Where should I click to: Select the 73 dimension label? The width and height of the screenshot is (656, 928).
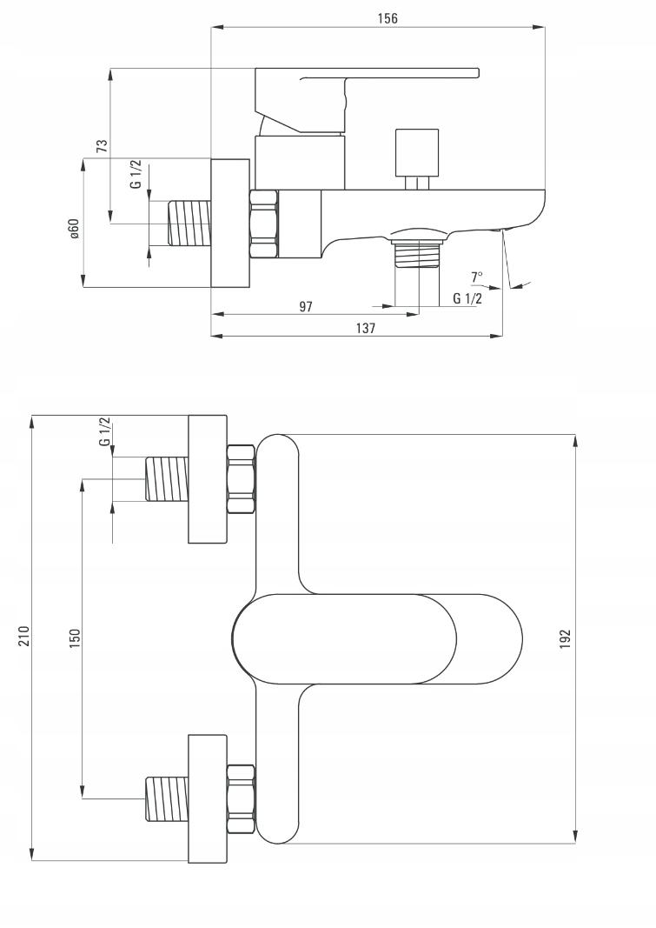tap(102, 146)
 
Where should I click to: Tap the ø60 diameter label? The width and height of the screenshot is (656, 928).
tap(74, 229)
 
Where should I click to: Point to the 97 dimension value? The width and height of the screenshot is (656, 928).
tap(306, 306)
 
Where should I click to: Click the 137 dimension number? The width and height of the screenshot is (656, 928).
tap(366, 328)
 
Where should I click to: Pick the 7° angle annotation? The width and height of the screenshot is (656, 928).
tap(476, 277)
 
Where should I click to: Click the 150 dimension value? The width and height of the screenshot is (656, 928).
tap(75, 638)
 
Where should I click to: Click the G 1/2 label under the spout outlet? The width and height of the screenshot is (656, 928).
tap(467, 298)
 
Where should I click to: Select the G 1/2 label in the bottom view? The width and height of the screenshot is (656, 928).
tap(105, 432)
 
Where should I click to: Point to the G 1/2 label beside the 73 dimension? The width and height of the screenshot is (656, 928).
tap(136, 174)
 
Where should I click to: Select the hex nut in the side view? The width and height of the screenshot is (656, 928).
tap(264, 224)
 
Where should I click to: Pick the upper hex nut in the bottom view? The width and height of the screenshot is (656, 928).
tap(241, 479)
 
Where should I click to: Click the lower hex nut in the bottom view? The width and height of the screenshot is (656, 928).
tap(241, 798)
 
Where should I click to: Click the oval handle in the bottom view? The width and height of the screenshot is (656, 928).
tap(377, 638)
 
